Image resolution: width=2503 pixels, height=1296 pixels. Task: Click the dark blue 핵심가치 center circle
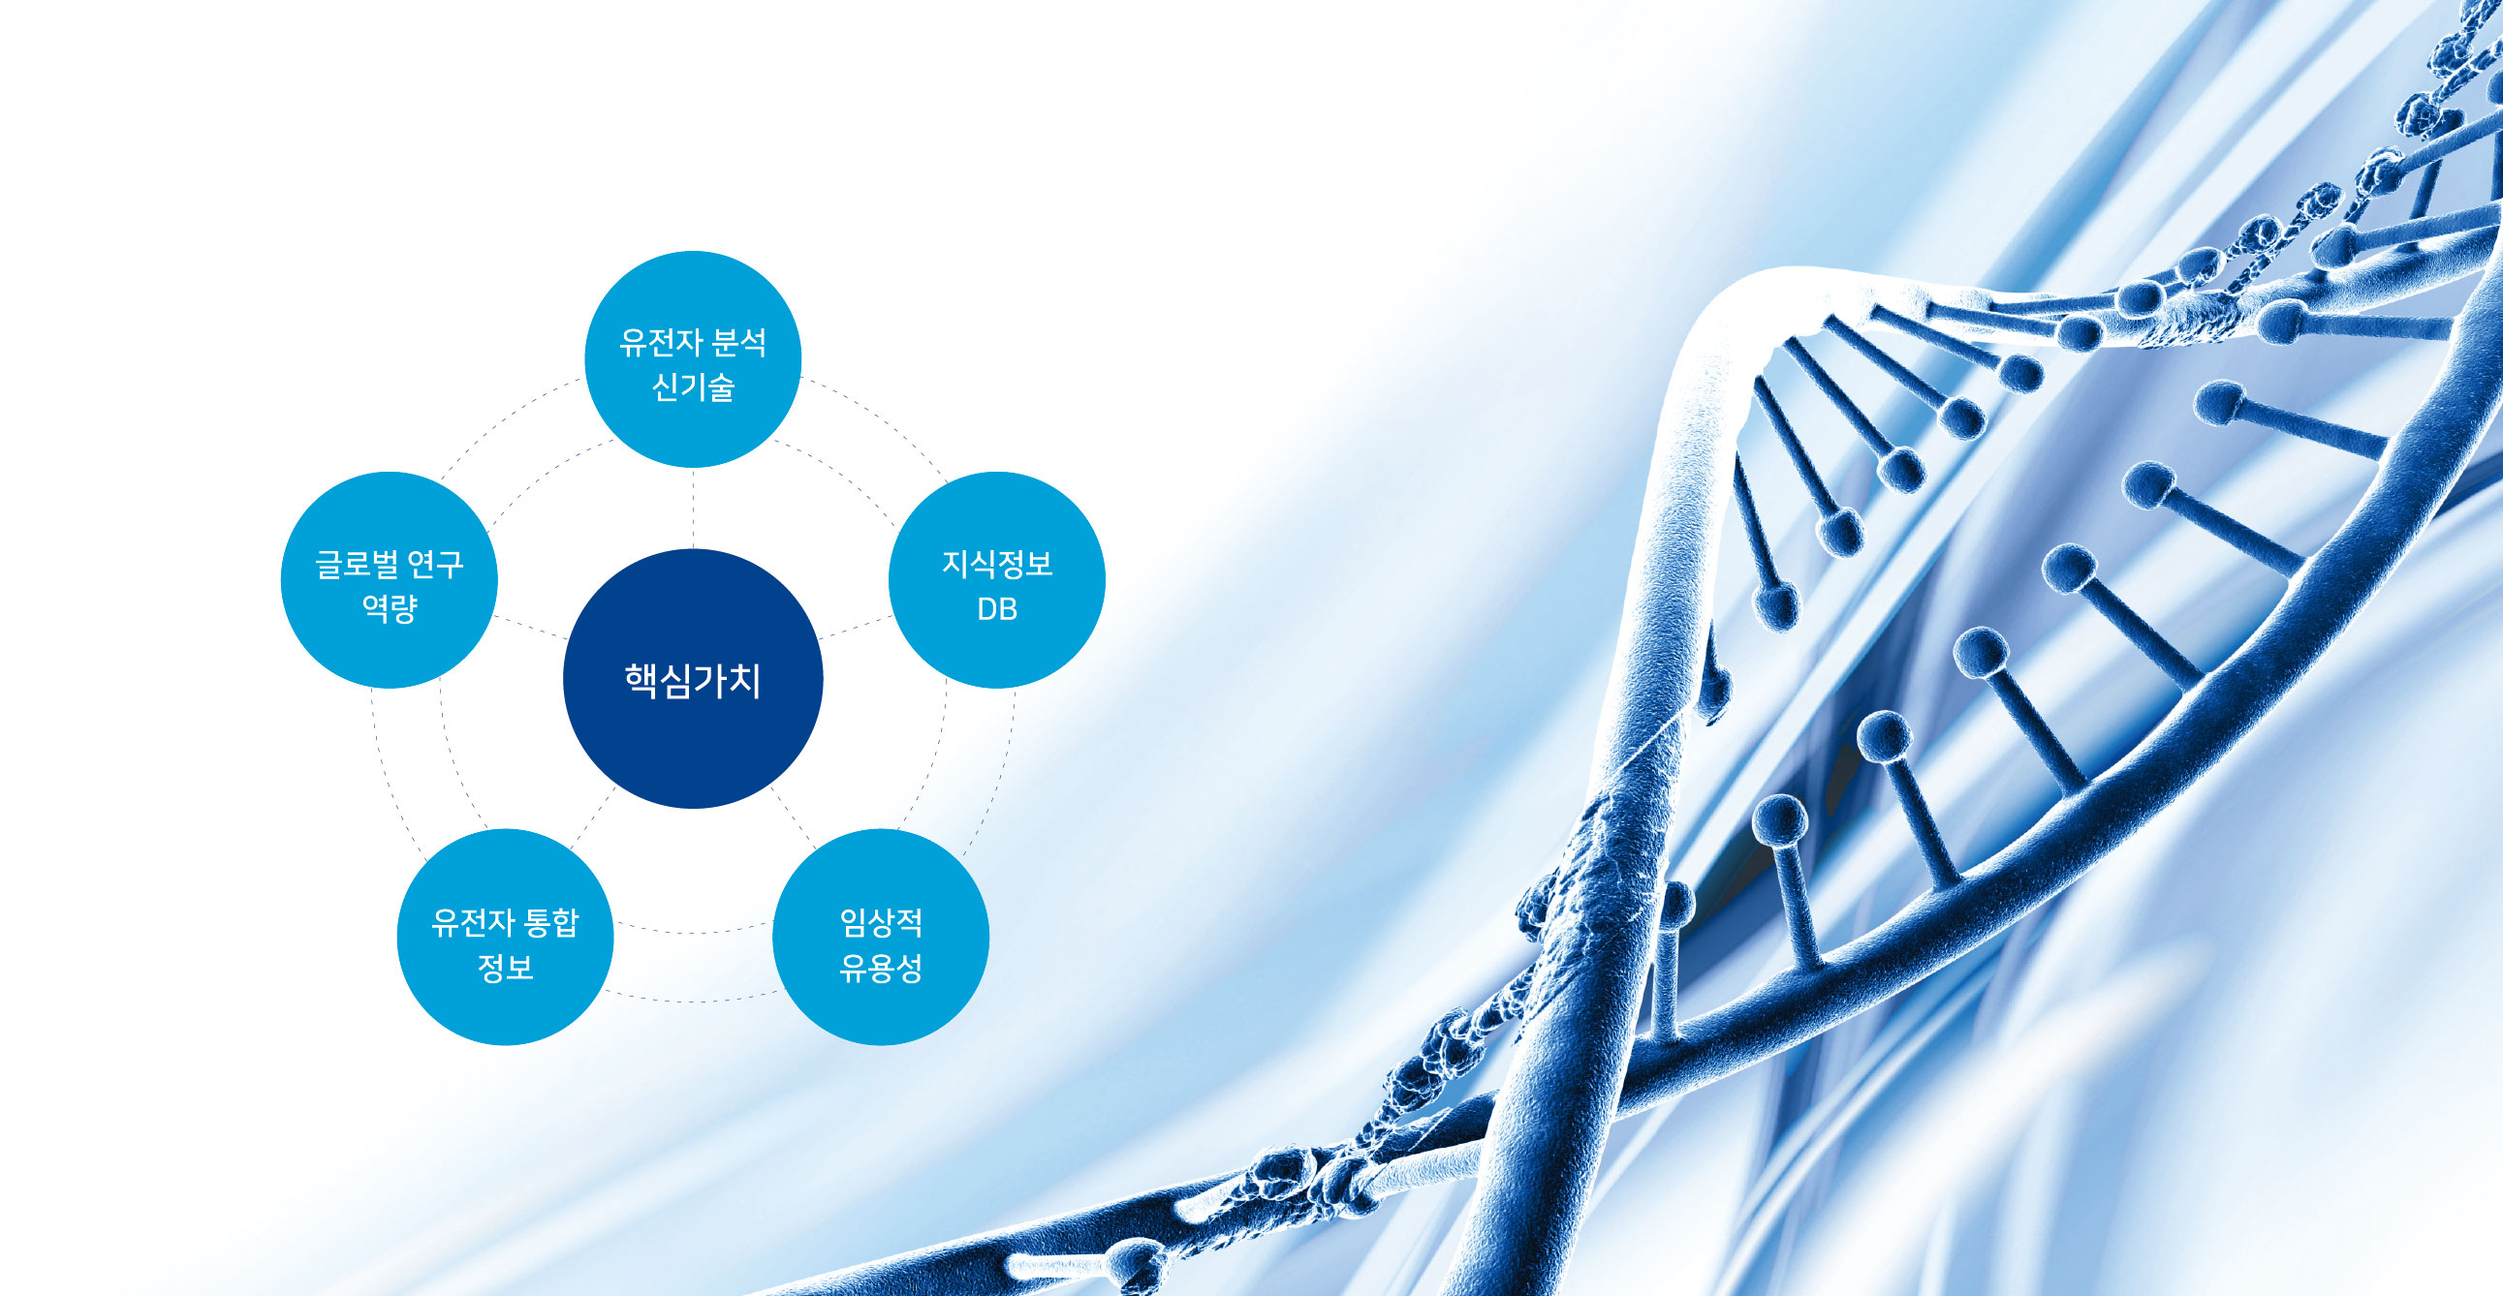pyautogui.click(x=693, y=678)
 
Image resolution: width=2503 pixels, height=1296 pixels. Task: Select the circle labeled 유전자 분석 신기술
pyautogui.click(x=693, y=359)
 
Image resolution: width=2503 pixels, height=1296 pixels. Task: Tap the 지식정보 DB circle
pyautogui.click(x=997, y=580)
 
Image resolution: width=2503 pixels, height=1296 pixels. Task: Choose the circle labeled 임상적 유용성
pyautogui.click(x=880, y=937)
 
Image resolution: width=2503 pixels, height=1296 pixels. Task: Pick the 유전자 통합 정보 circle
pyautogui.click(x=505, y=937)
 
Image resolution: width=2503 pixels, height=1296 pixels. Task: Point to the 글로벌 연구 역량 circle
pyautogui.click(x=389, y=580)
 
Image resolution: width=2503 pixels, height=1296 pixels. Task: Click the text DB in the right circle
pyautogui.click(x=997, y=609)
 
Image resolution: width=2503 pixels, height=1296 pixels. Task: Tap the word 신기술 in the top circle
pyautogui.click(x=693, y=386)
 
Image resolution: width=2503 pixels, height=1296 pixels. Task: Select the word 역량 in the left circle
pyautogui.click(x=389, y=608)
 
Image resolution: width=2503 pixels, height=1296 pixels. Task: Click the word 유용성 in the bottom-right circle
pyautogui.click(x=880, y=968)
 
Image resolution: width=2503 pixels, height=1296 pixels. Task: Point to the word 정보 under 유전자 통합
pyautogui.click(x=505, y=968)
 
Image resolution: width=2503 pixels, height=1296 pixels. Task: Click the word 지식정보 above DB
pyautogui.click(x=997, y=564)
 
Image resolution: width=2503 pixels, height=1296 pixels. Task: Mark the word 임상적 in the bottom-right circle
pyautogui.click(x=880, y=922)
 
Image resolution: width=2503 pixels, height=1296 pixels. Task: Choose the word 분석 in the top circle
pyautogui.click(x=739, y=342)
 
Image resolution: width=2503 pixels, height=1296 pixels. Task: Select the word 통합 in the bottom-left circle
pyautogui.click(x=551, y=922)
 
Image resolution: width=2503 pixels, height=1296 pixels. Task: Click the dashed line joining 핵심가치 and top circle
pyautogui.click(x=693, y=509)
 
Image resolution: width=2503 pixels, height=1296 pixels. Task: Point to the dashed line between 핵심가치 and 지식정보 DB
pyautogui.click(x=856, y=627)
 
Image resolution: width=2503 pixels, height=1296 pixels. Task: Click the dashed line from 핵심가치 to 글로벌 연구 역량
pyautogui.click(x=530, y=627)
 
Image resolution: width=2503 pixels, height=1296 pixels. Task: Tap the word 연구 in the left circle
pyautogui.click(x=435, y=565)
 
